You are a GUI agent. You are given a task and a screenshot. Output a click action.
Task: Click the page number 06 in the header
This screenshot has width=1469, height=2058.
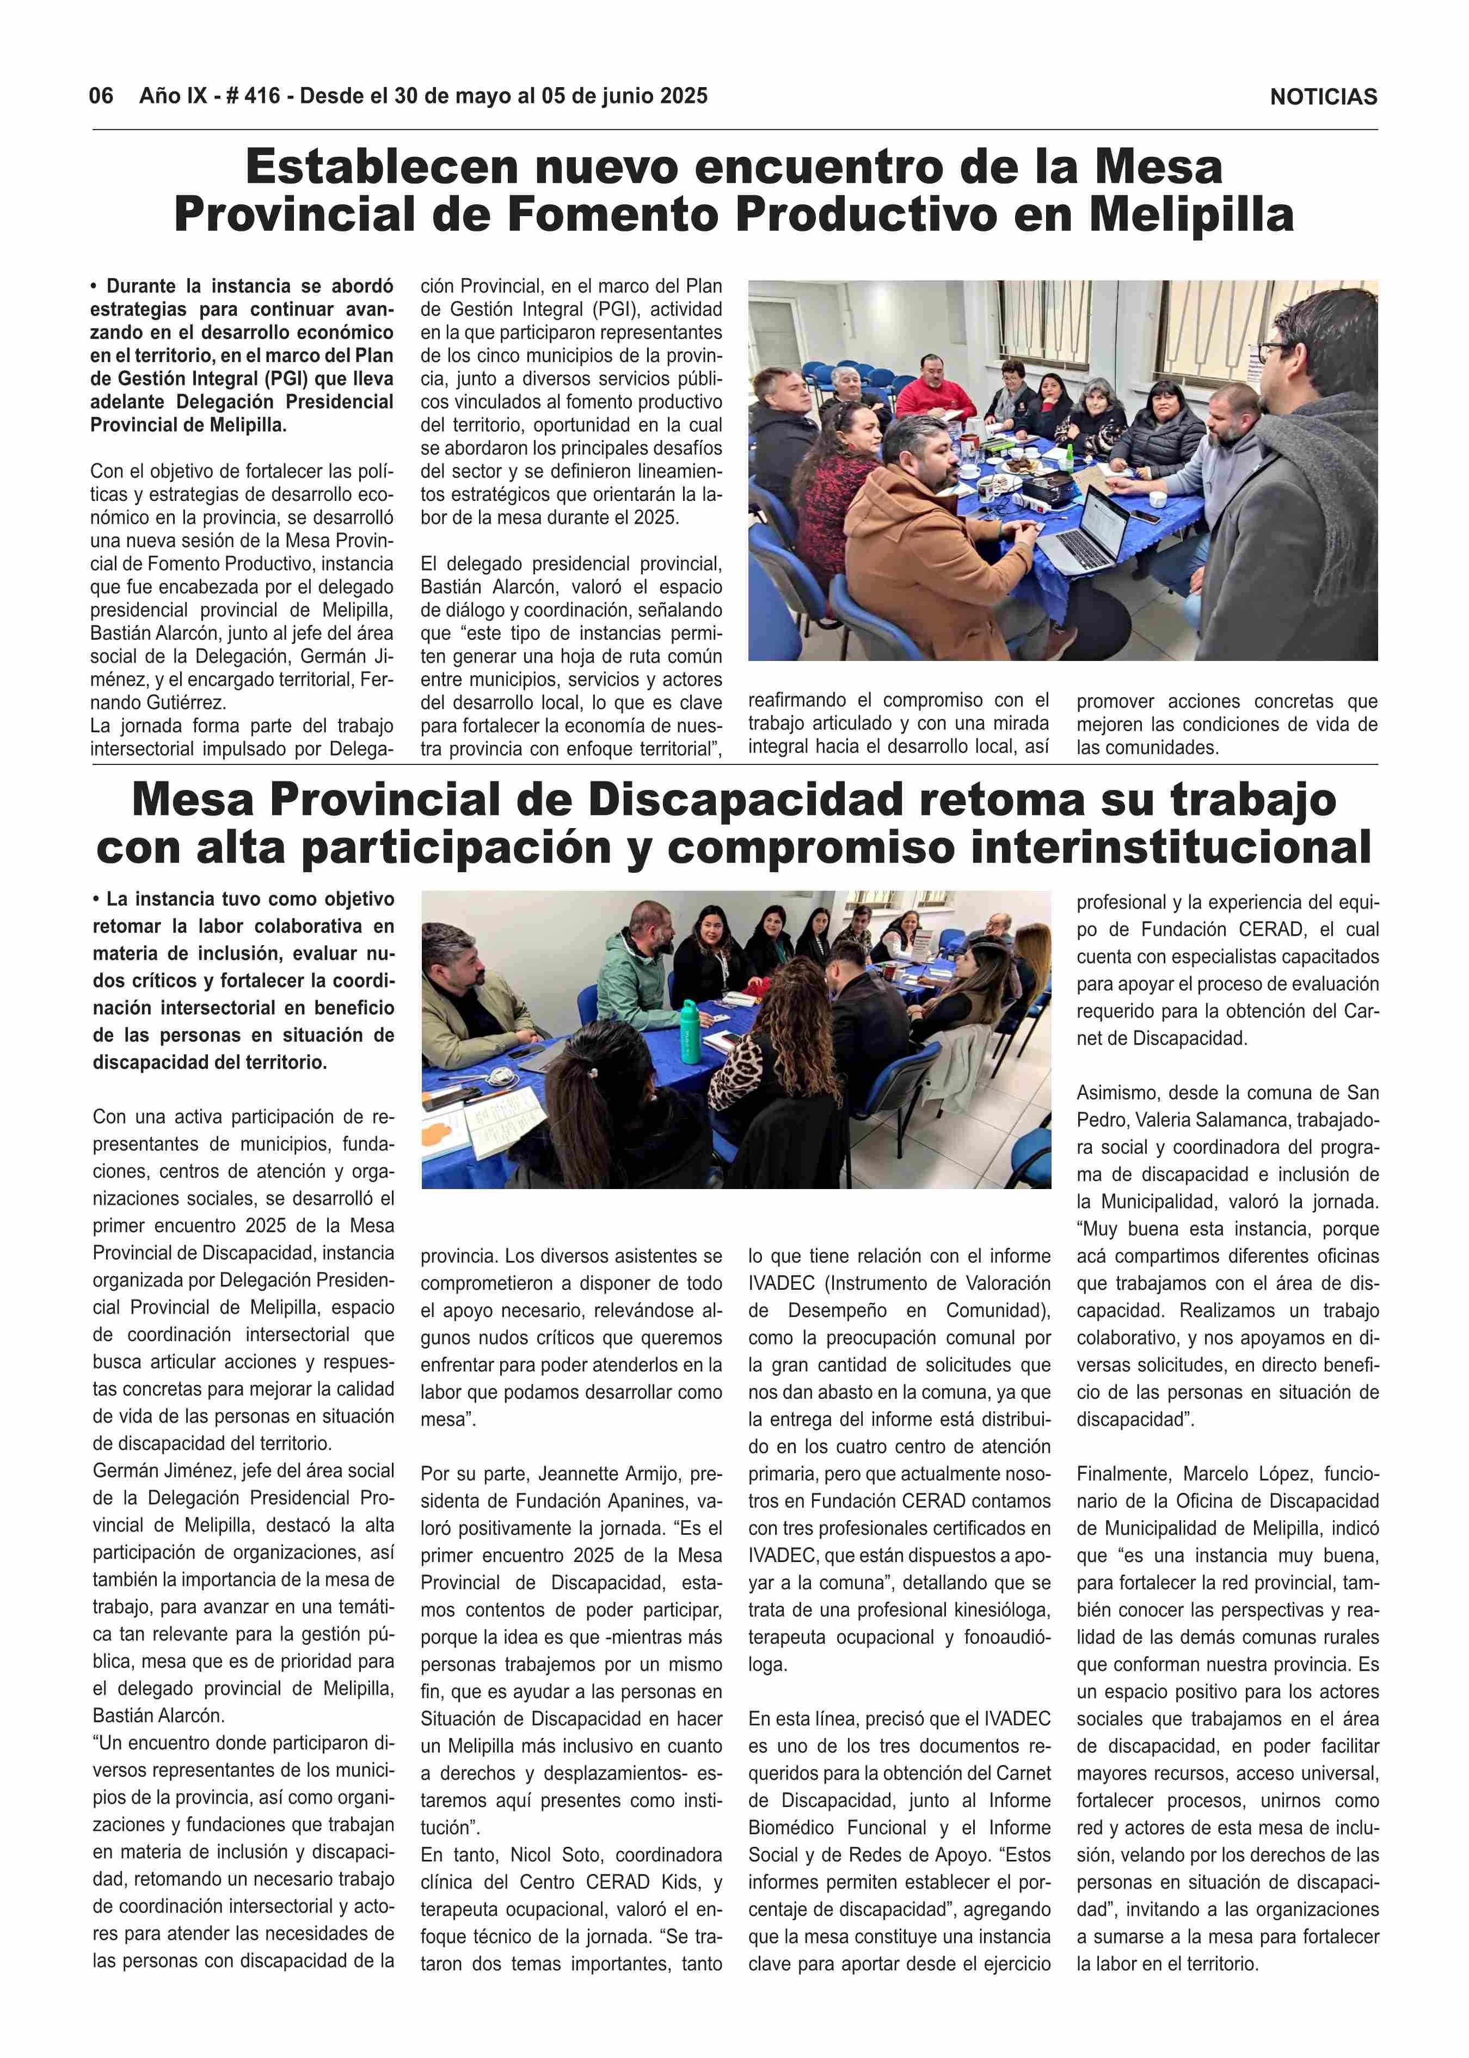[100, 96]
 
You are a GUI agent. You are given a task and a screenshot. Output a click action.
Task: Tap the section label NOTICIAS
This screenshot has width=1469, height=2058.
[1323, 97]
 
